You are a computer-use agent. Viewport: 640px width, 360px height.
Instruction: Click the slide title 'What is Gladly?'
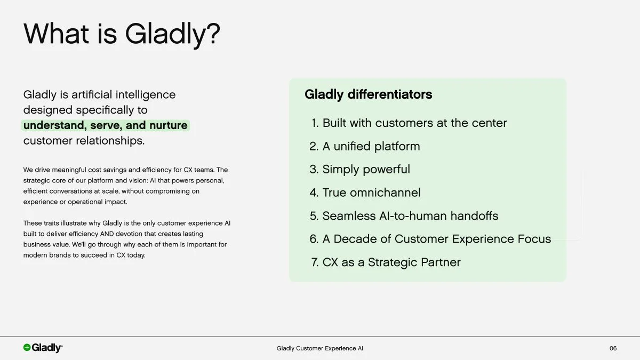[122, 34]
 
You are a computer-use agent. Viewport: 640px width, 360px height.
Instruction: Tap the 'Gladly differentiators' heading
[368, 94]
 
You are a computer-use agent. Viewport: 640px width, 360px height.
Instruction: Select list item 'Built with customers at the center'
[414, 123]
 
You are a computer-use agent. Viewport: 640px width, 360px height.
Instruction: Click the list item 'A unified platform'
[371, 146]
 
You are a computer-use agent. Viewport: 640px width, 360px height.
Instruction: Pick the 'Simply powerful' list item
[366, 170]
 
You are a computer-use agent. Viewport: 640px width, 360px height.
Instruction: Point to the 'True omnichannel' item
[371, 193]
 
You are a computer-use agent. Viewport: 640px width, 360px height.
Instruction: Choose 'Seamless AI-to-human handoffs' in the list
[410, 216]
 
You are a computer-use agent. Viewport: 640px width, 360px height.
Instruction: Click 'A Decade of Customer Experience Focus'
[436, 239]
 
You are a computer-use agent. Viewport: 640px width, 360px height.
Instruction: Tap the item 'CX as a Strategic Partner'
[391, 262]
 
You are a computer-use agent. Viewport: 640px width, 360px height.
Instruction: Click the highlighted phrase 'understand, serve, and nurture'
[106, 125]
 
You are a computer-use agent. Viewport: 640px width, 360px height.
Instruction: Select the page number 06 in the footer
[613, 348]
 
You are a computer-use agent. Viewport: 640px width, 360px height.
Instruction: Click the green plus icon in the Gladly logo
[27, 348]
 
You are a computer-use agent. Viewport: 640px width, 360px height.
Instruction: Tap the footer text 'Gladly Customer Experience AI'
[320, 348]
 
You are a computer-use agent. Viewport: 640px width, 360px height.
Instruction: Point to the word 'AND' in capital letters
[107, 234]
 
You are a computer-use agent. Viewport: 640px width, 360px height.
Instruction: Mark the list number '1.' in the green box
[315, 123]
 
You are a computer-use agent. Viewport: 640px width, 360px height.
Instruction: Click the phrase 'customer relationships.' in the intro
[84, 141]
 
